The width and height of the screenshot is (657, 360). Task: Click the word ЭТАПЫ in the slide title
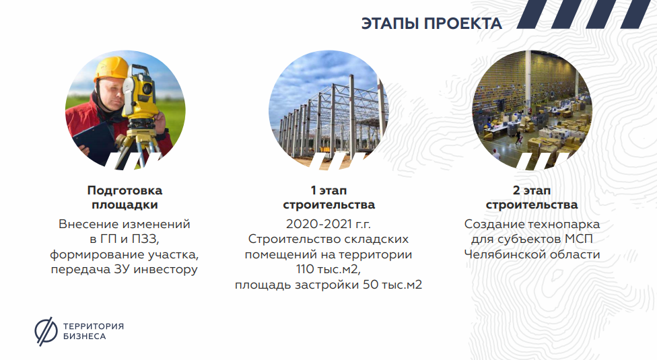390,24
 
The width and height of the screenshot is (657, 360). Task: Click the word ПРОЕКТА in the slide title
463,24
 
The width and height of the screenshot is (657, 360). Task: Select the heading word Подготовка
125,190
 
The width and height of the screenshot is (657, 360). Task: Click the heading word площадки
125,205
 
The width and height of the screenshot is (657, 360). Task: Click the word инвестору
166,269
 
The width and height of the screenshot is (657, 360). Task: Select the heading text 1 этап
328,190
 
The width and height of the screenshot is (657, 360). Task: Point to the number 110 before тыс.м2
305,269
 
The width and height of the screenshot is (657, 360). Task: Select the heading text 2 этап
532,190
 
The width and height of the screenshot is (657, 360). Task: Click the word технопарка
564,224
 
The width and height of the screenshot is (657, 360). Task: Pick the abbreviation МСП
579,239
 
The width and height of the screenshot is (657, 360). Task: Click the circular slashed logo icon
46,332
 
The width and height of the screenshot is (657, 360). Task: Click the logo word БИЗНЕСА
85,336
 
